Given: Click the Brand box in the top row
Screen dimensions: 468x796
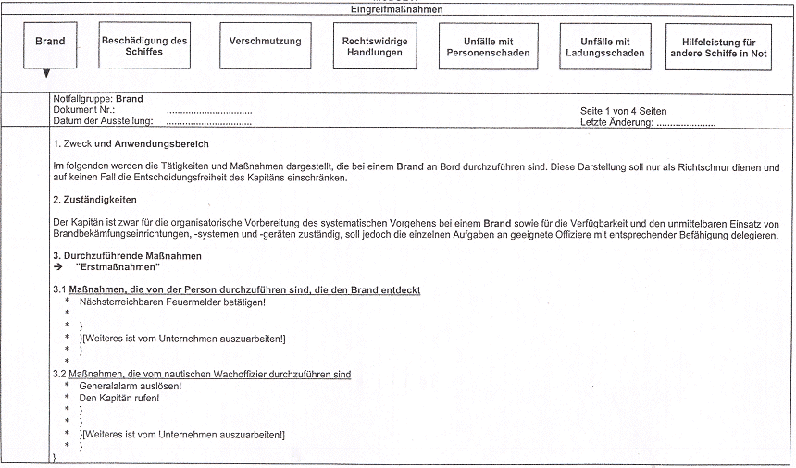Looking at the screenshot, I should tap(50, 43).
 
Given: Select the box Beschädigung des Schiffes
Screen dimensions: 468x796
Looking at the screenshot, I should tap(144, 46).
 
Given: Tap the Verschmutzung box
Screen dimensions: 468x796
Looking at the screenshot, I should tap(266, 43).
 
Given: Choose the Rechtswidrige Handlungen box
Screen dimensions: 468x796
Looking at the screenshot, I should tap(375, 46).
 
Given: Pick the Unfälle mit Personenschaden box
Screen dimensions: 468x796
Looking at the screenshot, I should tap(501, 47).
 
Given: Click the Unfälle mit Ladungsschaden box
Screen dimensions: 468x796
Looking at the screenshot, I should tap(604, 47).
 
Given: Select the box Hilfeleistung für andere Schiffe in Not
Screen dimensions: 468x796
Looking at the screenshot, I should tap(718, 47).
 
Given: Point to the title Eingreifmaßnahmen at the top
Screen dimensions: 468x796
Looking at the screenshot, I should tap(397, 9).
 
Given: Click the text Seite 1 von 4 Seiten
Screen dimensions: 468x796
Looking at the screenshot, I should tap(623, 111).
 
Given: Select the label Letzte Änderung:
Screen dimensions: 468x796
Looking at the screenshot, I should tap(616, 122).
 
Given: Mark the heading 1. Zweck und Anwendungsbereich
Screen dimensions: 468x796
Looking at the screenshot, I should tap(131, 144).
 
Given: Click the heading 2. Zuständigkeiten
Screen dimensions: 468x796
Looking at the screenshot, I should tap(95, 200).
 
